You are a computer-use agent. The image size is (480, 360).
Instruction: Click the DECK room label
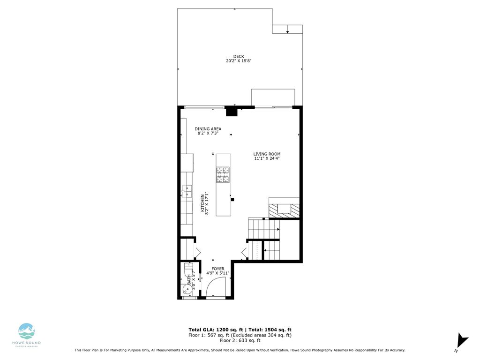[239, 56]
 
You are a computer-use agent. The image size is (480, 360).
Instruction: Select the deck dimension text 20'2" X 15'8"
[239, 61]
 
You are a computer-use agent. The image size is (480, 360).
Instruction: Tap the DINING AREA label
[208, 129]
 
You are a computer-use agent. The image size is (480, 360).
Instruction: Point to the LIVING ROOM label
[267, 154]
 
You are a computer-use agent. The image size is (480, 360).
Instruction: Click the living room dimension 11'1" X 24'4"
[267, 158]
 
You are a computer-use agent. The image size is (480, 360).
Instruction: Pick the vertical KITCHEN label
[203, 204]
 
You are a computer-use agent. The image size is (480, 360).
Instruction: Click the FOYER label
[217, 269]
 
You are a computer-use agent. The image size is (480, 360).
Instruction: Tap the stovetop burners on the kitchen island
[223, 174]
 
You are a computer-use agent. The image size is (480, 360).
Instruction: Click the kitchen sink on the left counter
[187, 191]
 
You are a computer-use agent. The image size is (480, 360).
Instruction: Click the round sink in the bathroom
[187, 289]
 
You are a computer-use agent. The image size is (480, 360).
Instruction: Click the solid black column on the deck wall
[232, 112]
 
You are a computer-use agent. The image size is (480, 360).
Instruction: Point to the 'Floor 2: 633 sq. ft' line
[240, 341]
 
